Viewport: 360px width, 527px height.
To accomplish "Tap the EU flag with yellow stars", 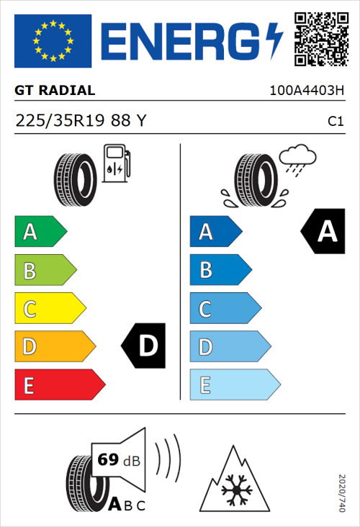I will pos(53,41).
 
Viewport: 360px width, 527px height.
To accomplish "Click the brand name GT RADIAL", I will pos(54,91).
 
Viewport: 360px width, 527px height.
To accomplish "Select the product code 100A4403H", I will pos(306,91).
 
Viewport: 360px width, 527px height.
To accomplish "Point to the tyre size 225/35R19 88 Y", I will pos(81,121).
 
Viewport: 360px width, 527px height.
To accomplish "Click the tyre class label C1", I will pos(335,122).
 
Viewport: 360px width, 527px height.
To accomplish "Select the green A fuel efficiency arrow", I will pos(40,232).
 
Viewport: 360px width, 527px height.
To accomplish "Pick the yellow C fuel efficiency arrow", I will pos(49,309).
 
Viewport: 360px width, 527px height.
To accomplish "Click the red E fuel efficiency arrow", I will pos(59,385).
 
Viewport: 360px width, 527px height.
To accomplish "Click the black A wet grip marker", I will pos(323,231).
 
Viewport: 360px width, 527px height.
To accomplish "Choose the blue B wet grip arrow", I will pos(220,270).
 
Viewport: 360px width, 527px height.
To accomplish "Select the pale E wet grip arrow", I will pos(234,385).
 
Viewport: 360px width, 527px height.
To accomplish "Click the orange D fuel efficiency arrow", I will pos(54,347).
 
